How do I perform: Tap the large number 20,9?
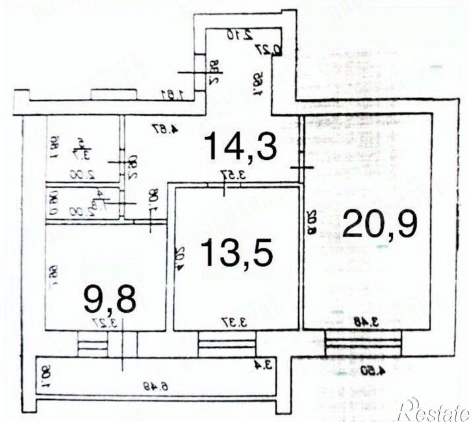tap(380, 224)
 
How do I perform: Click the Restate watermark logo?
tap(434, 410)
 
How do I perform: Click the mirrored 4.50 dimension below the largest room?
tap(373, 371)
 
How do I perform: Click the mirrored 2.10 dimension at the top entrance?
tap(237, 34)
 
